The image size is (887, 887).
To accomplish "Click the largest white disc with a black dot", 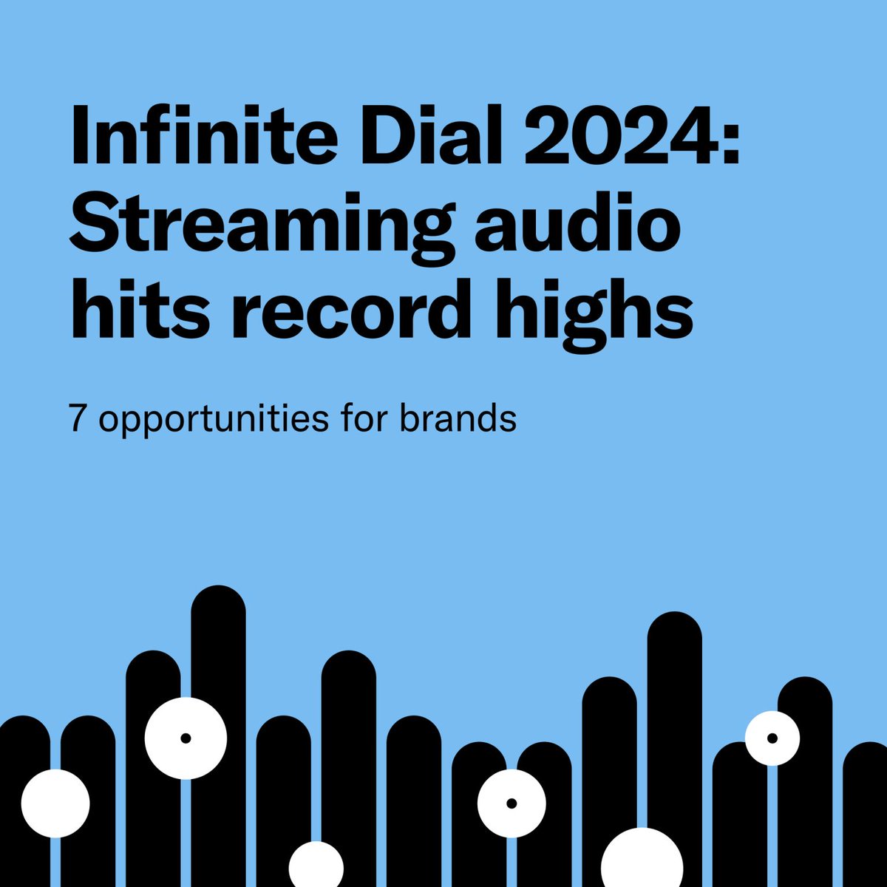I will click(x=186, y=738).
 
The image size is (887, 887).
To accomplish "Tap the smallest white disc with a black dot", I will click(x=772, y=738).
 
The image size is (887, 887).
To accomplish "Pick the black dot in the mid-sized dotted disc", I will click(x=512, y=803).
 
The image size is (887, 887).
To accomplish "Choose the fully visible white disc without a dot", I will click(x=55, y=803).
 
